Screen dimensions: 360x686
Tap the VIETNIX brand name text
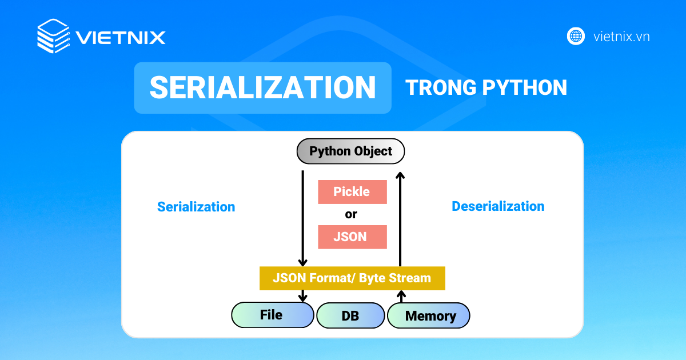point(121,38)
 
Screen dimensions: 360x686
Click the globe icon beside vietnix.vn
point(576,36)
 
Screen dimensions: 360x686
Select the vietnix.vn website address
point(621,37)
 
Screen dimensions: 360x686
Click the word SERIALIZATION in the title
point(263,87)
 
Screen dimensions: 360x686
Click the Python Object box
point(350,151)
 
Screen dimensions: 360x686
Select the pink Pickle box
point(352,192)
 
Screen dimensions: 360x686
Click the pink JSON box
point(352,237)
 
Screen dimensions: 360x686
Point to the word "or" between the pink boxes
point(351,214)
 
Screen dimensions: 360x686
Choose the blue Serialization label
point(196,207)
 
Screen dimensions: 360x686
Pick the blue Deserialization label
point(498,206)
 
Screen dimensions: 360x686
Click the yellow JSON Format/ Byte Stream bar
point(352,278)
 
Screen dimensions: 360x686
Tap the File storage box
point(272,315)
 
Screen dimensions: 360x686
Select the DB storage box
point(350,315)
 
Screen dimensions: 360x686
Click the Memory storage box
point(429,315)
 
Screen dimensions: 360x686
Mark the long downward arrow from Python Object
point(303,217)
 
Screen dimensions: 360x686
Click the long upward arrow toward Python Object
point(401,217)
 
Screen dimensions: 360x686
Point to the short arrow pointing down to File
point(303,296)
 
